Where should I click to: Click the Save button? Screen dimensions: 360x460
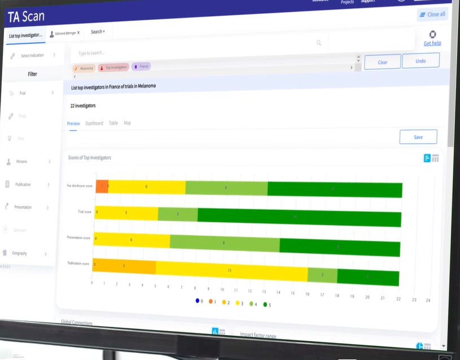[418, 137]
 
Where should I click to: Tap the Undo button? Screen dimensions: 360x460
[420, 61]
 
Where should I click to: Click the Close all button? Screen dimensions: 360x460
[432, 14]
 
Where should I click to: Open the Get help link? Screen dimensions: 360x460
[432, 43]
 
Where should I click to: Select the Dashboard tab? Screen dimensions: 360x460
[94, 123]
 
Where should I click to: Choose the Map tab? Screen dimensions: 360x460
[127, 123]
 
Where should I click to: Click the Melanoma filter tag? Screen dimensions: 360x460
[84, 68]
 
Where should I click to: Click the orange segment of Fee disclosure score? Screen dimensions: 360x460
[102, 186]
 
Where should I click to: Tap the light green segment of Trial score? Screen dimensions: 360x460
[178, 214]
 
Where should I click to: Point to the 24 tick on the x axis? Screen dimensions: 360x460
[428, 300]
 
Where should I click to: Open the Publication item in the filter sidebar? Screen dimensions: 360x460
[23, 185]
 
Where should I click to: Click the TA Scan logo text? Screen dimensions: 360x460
[26, 17]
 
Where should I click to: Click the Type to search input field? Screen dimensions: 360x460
[192, 53]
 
